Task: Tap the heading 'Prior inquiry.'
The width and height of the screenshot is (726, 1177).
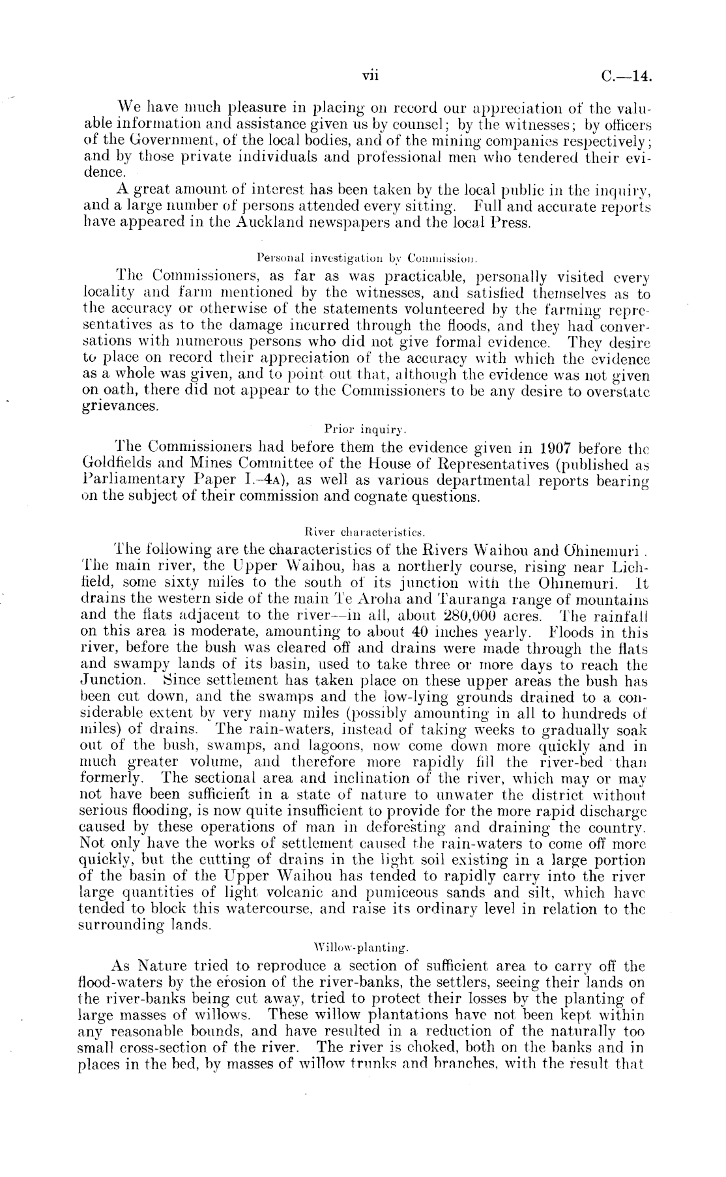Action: pyautogui.click(x=366, y=429)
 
